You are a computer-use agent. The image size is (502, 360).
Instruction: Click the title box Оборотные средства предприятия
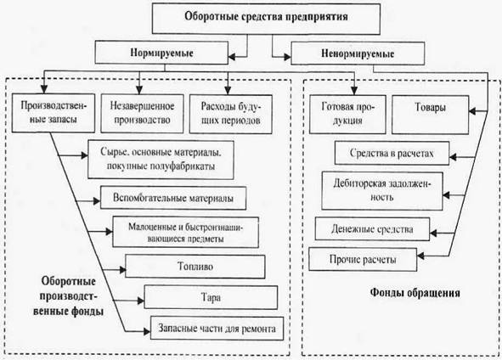(x=266, y=18)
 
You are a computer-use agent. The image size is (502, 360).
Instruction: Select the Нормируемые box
(x=161, y=53)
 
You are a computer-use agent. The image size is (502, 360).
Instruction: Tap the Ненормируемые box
(x=358, y=53)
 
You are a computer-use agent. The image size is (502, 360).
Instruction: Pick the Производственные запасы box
(x=54, y=113)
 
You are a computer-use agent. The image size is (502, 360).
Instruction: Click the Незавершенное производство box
(x=142, y=114)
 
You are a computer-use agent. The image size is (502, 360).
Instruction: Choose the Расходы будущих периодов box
(x=231, y=114)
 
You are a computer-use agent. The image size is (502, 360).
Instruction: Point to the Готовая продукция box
(x=347, y=115)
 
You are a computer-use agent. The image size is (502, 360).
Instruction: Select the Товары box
(x=431, y=115)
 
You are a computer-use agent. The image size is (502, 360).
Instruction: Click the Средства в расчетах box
(x=392, y=154)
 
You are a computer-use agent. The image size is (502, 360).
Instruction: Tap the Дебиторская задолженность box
(x=382, y=191)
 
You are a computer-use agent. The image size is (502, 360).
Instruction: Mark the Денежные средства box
(x=372, y=228)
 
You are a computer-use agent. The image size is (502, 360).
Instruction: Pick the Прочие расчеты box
(x=363, y=259)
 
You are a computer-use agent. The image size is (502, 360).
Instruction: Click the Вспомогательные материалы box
(x=173, y=198)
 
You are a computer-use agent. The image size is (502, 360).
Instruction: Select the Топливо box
(x=195, y=267)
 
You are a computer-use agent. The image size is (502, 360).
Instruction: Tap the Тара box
(x=211, y=297)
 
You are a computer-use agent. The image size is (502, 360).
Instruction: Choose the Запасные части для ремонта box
(x=217, y=329)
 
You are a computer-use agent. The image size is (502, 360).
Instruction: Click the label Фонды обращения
(x=415, y=292)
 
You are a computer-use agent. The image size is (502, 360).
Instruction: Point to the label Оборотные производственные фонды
(x=69, y=296)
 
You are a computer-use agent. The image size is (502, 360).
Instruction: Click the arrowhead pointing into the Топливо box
(x=122, y=270)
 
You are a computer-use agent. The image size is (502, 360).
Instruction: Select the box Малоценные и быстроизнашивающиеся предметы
(x=186, y=233)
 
